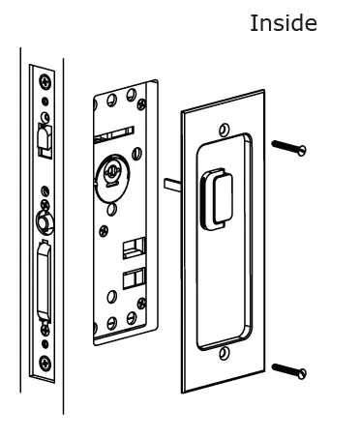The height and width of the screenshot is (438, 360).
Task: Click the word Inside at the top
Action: [283, 23]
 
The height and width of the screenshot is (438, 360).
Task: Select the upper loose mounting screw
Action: [288, 147]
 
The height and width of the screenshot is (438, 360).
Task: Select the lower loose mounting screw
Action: [288, 369]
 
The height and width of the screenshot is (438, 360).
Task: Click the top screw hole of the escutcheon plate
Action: [225, 130]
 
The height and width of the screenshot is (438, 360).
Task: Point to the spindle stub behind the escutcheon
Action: [172, 185]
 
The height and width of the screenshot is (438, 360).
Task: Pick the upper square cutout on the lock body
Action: [128, 250]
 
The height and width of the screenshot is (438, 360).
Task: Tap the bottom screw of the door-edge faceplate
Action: [45, 364]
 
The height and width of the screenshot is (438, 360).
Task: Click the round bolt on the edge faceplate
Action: [43, 221]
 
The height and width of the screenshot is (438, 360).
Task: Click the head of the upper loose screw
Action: [301, 150]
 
